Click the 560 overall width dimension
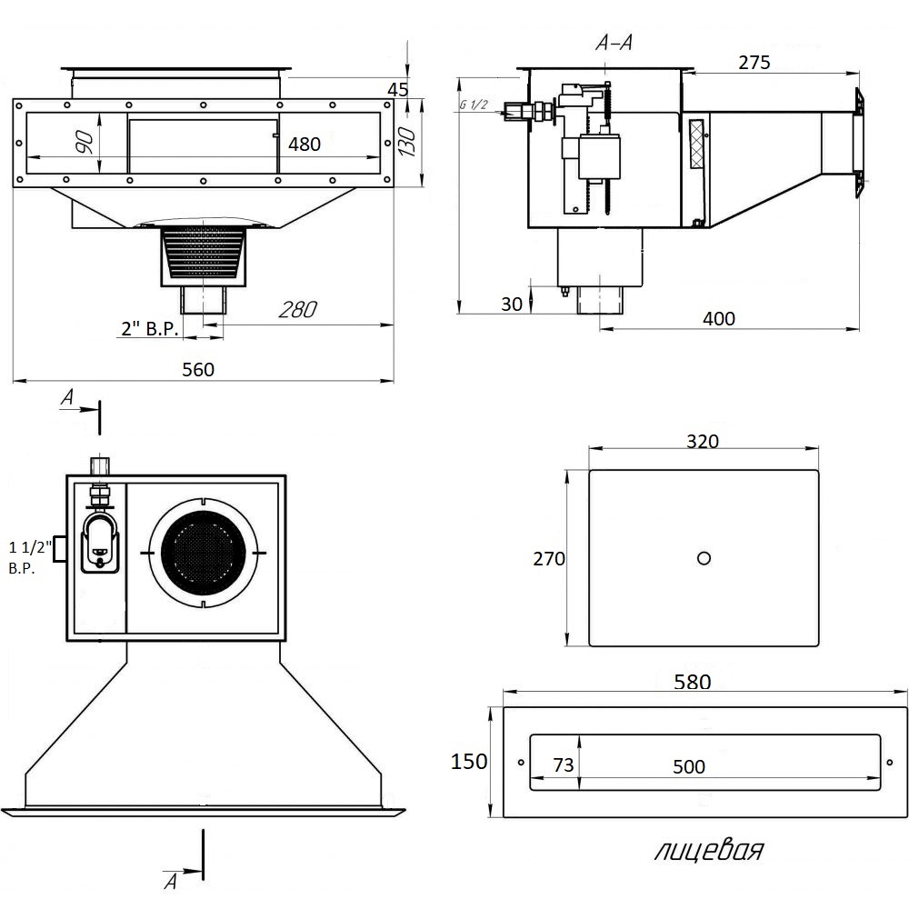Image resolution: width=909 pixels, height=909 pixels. click(198, 369)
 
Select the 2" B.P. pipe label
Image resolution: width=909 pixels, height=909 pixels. click(150, 329)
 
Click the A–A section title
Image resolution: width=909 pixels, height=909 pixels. click(614, 42)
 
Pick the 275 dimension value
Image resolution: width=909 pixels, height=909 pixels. click(754, 63)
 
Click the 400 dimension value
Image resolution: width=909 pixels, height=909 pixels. click(718, 318)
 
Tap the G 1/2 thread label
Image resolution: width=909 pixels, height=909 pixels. click(474, 105)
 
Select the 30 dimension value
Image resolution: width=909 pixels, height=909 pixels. click(512, 305)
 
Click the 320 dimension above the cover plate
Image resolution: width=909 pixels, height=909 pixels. click(703, 442)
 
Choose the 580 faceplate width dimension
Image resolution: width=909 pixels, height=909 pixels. click(694, 683)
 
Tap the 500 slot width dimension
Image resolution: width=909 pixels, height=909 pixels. click(689, 767)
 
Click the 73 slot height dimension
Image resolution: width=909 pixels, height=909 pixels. click(564, 766)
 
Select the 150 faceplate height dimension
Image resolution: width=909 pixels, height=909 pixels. click(469, 762)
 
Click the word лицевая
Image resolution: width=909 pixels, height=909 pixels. click(708, 851)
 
